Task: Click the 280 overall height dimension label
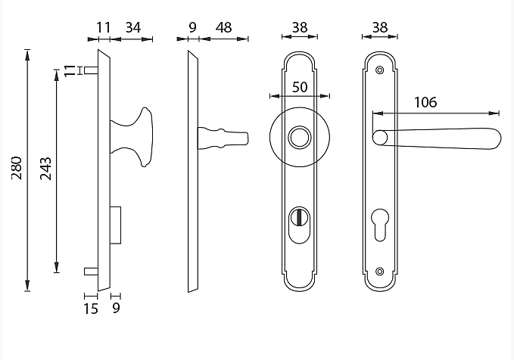coord(17,169)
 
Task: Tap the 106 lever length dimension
coord(425,102)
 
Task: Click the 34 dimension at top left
coord(132,28)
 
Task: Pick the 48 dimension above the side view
coord(223,28)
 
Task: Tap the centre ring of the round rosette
coord(300,138)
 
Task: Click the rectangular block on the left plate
coord(115,225)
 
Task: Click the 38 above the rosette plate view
coord(300,28)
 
